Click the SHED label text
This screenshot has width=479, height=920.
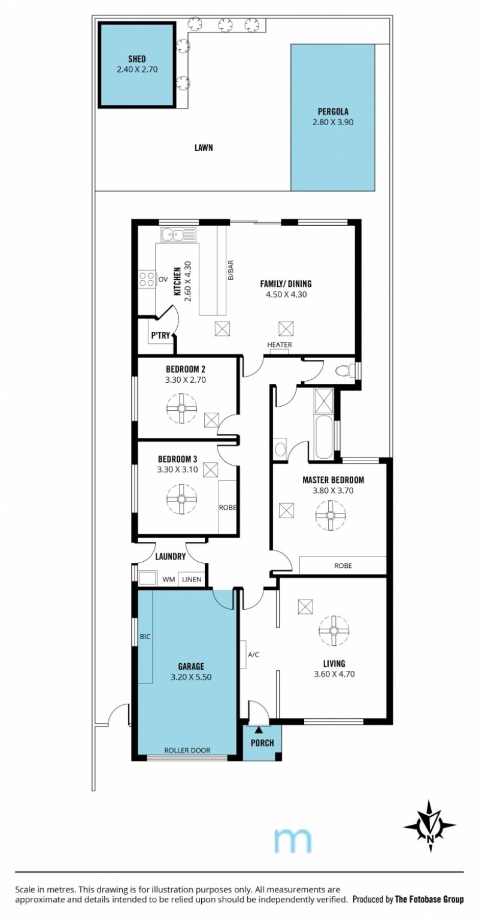(137, 59)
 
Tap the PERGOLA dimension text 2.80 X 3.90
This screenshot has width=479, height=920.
(333, 122)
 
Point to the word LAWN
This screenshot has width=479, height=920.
(204, 147)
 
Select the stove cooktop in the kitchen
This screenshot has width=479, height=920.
(147, 280)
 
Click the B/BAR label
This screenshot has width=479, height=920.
(231, 270)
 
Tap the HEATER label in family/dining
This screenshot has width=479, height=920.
(280, 344)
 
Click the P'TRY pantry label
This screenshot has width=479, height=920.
(160, 335)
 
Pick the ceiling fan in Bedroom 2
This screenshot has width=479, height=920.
(181, 408)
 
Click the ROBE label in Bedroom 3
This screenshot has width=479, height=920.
(228, 507)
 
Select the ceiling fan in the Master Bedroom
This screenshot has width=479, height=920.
(331, 516)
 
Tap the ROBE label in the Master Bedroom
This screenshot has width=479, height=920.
(343, 565)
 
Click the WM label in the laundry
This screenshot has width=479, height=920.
(169, 580)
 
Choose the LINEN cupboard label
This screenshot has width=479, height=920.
(192, 580)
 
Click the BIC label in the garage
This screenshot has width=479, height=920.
(145, 637)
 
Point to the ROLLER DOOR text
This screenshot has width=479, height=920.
(187, 750)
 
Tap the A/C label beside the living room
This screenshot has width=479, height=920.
(254, 655)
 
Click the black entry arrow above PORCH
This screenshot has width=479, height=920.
(259, 730)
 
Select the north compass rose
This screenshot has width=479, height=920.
(430, 827)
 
